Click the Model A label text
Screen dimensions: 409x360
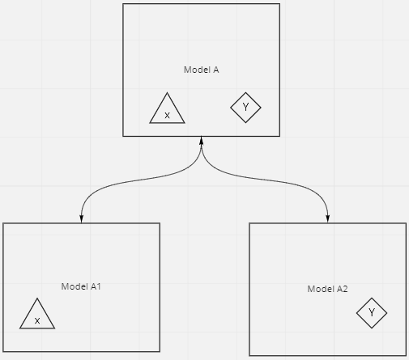coord(201,70)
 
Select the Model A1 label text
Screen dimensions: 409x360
coord(81,286)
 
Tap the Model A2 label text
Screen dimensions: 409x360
coord(327,289)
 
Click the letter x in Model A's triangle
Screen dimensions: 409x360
coord(167,116)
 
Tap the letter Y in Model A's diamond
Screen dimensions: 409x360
coord(245,107)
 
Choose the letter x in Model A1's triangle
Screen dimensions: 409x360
coord(37,321)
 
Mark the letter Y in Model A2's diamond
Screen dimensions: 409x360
coord(372,312)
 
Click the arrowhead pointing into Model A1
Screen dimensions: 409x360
coord(81,219)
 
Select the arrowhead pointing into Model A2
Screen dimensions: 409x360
coord(328,219)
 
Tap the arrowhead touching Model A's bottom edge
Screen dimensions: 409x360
coord(201,140)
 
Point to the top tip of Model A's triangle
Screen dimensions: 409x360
coord(167,93)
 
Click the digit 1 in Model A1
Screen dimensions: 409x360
coord(99,286)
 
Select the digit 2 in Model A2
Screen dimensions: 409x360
coord(345,289)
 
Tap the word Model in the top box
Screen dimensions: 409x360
coord(197,70)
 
